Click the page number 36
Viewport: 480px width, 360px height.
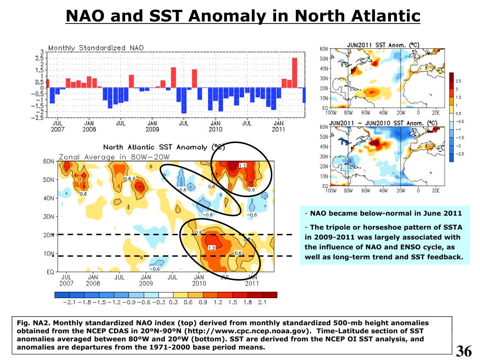464,351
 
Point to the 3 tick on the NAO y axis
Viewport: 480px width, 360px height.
42,52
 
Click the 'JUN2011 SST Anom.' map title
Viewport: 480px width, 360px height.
382,45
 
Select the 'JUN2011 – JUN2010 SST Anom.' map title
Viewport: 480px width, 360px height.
383,123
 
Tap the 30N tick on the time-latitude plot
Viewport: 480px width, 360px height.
48,216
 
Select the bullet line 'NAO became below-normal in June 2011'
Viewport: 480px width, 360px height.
384,214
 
